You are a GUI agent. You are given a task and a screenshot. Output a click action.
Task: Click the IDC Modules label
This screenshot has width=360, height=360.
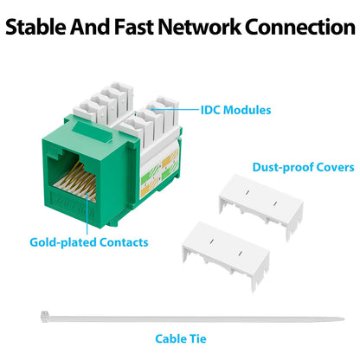235,110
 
